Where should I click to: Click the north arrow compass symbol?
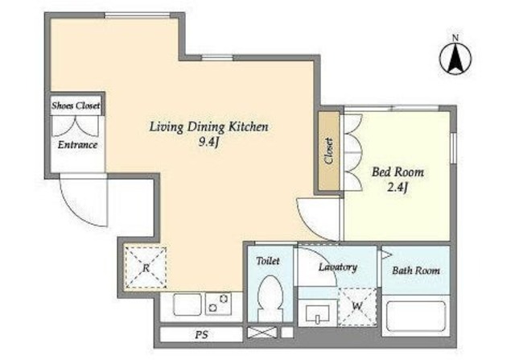pyautogui.click(x=455, y=57)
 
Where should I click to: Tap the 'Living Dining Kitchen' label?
pyautogui.click(x=209, y=126)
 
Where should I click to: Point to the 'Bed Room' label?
pyautogui.click(x=398, y=172)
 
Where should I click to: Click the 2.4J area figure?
pyautogui.click(x=398, y=188)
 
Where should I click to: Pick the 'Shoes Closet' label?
pyautogui.click(x=76, y=106)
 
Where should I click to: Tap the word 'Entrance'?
pyautogui.click(x=77, y=145)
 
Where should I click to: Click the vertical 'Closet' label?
pyautogui.click(x=329, y=151)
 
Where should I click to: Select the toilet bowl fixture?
pyautogui.click(x=270, y=298)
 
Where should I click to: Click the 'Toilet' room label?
pyautogui.click(x=268, y=261)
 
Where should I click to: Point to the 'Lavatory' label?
pyautogui.click(x=338, y=267)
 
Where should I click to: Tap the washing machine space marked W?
pyautogui.click(x=357, y=306)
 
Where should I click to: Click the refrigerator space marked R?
pyautogui.click(x=146, y=268)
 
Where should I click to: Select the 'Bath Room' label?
pyautogui.click(x=416, y=271)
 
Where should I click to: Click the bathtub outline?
pyautogui.click(x=416, y=317)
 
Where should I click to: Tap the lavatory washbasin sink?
pyautogui.click(x=317, y=313)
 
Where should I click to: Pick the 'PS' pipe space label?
pyautogui.click(x=202, y=335)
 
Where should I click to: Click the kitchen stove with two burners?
pyautogui.click(x=218, y=304)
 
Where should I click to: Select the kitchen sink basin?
pyautogui.click(x=187, y=304)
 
